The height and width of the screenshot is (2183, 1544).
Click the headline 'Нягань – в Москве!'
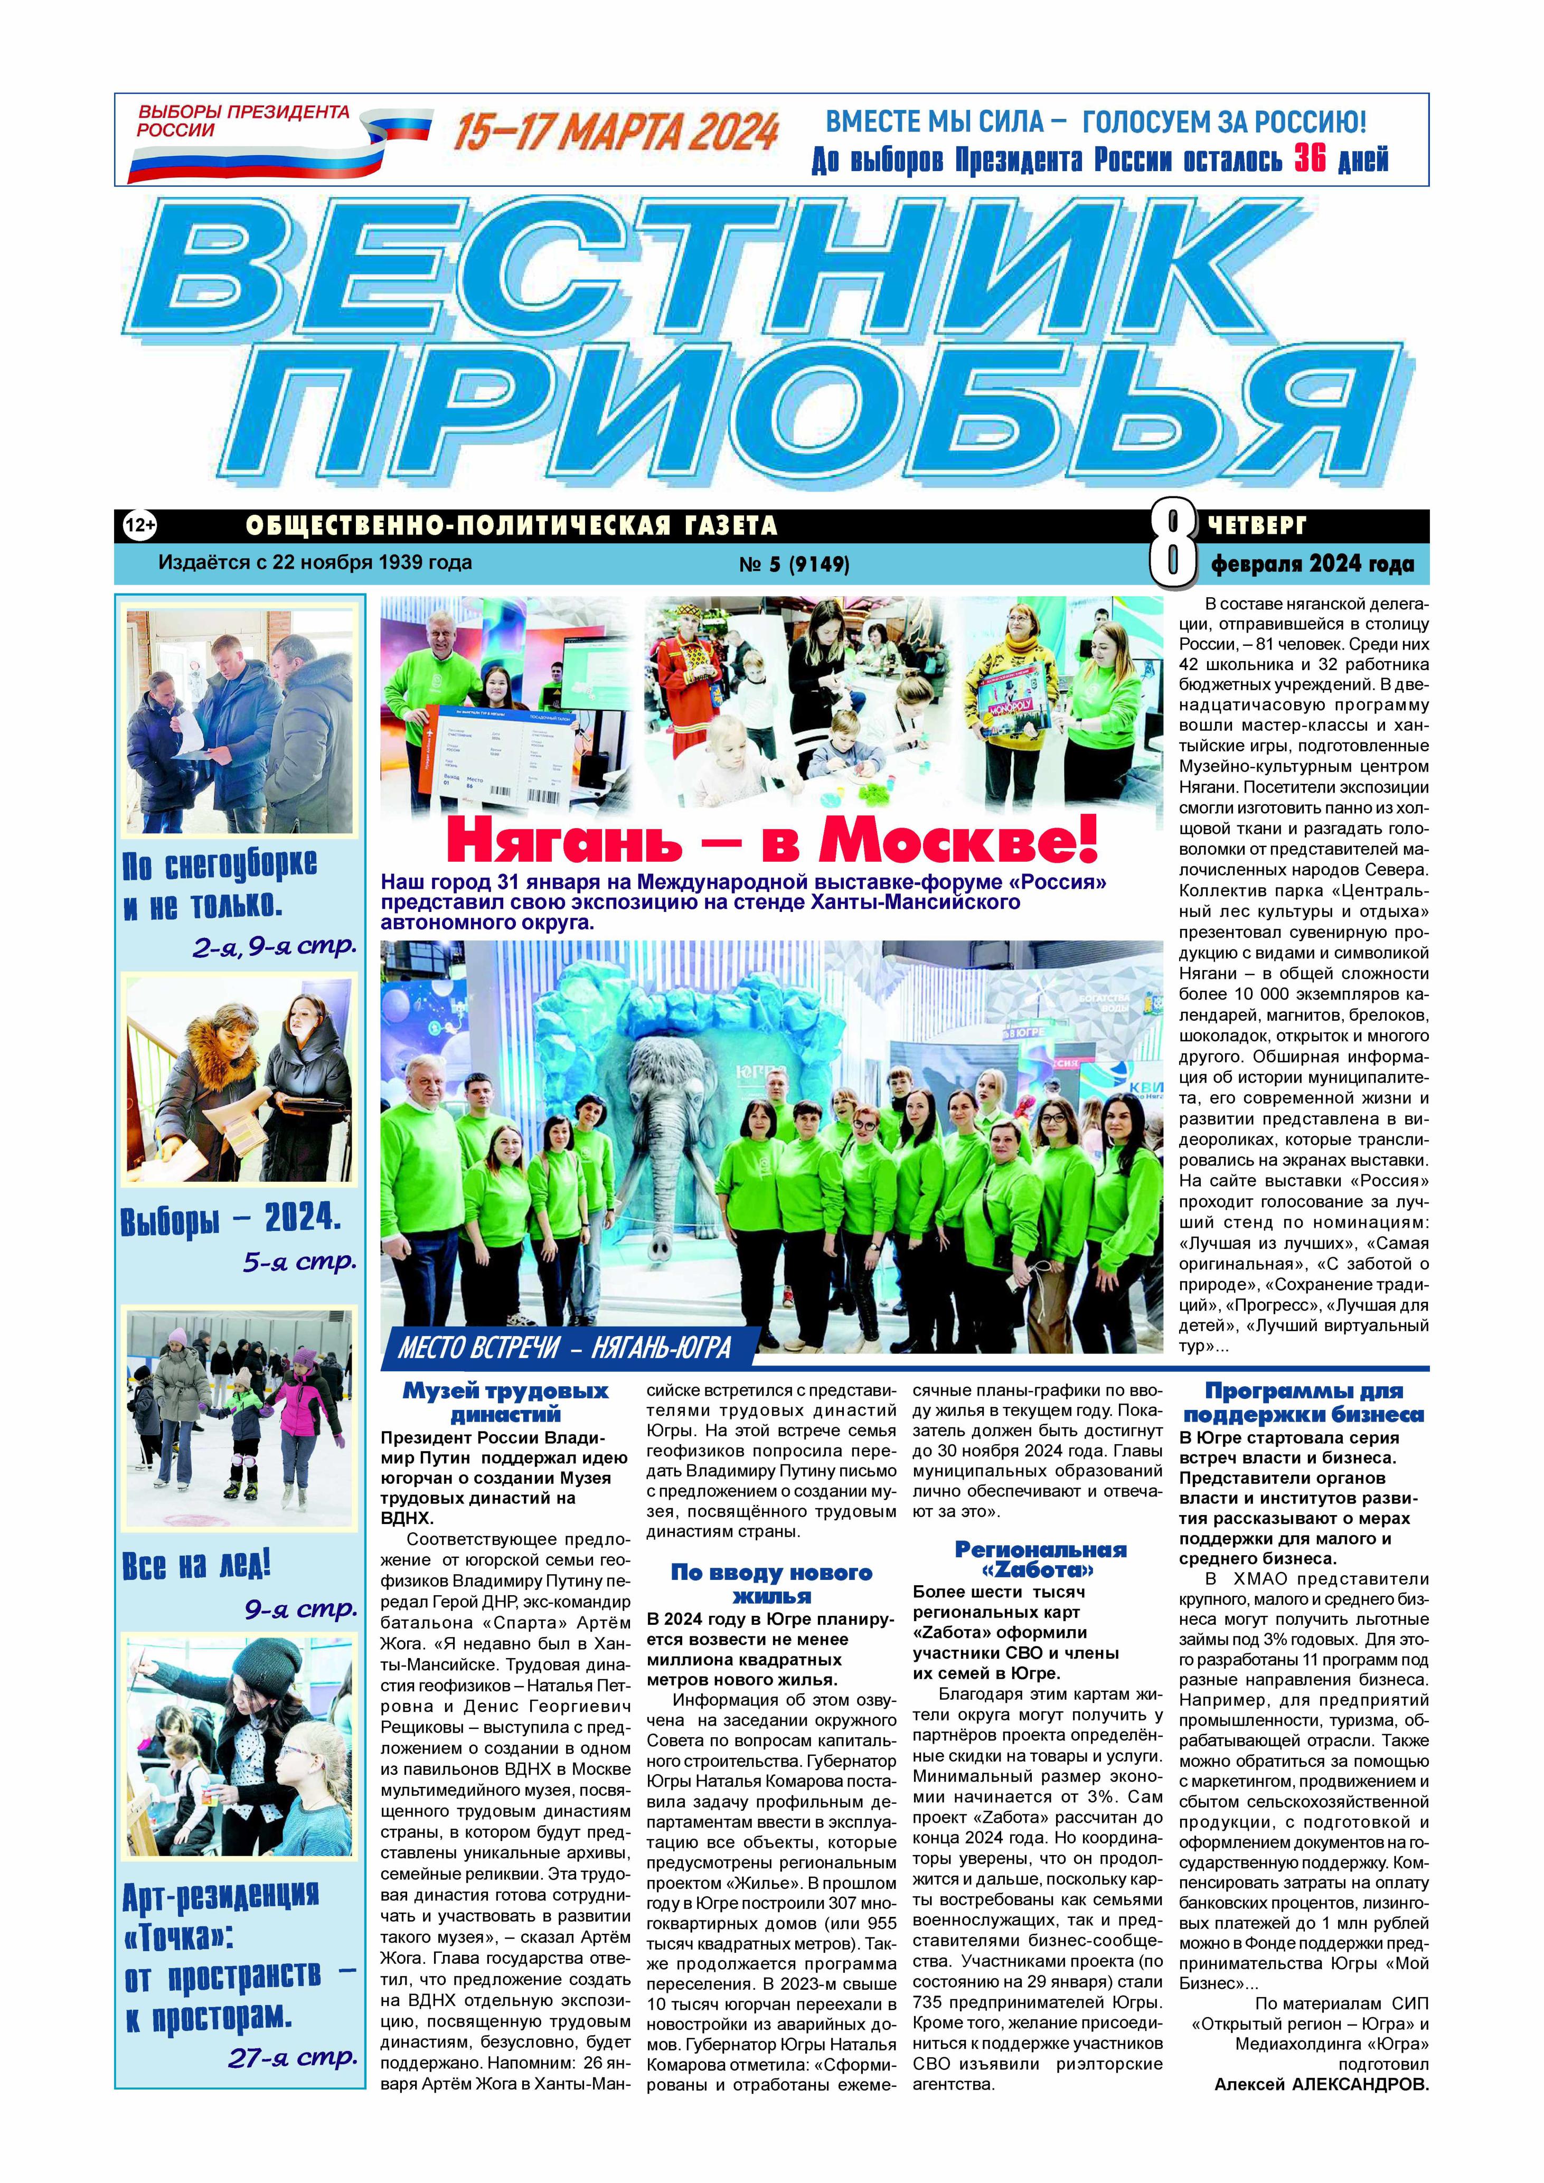pos(772,840)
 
